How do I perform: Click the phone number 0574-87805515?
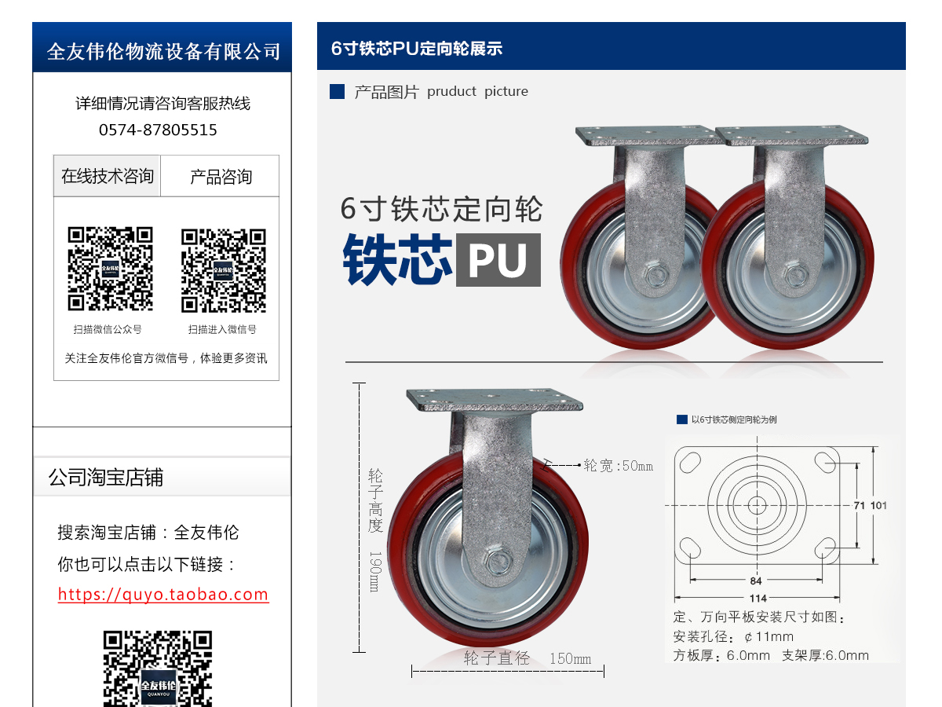tap(158, 130)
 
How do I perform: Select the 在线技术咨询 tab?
tap(108, 176)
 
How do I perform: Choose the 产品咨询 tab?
tap(221, 177)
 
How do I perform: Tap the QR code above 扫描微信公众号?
tap(110, 269)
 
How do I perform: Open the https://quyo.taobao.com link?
tap(163, 595)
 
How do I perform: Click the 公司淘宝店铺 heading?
tap(106, 478)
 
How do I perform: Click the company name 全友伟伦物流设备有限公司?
tap(163, 52)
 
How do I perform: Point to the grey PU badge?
tap(498, 259)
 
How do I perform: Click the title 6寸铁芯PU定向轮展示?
tap(417, 49)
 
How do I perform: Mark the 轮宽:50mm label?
tap(618, 466)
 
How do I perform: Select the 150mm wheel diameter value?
tap(570, 659)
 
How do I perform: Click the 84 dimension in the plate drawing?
tap(755, 581)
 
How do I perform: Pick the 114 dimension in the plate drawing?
tap(758, 599)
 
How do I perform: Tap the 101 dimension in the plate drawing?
tap(878, 505)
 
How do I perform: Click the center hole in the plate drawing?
tap(757, 504)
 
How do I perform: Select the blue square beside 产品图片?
tap(338, 92)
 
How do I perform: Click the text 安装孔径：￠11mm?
tap(733, 636)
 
